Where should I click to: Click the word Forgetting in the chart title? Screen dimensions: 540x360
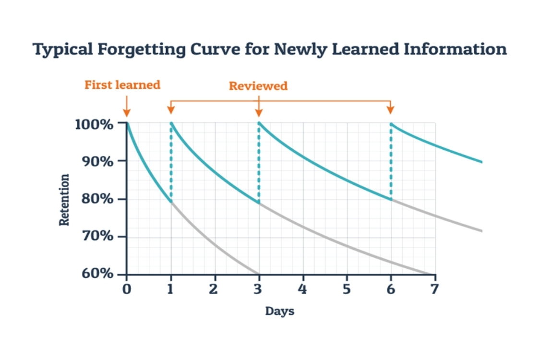141,49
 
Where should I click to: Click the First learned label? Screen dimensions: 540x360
122,84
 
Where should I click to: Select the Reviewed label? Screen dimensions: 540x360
258,85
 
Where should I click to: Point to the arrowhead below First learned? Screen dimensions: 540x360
127,113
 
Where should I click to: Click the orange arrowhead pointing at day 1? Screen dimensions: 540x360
171,110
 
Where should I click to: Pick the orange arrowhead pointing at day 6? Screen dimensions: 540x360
391,110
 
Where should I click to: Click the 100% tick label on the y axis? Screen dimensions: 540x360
94,124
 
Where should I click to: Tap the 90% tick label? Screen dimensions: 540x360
97,161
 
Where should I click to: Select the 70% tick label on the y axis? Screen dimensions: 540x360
97,236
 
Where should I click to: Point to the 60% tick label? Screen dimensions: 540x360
97,273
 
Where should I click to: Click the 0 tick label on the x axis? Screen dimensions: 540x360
127,289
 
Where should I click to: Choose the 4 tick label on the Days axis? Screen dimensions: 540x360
302,289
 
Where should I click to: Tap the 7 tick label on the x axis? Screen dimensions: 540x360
434,289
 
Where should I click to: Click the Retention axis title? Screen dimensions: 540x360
64,200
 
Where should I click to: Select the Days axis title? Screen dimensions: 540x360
280,311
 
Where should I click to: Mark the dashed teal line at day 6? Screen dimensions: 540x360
391,161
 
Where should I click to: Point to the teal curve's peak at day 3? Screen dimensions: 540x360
259,123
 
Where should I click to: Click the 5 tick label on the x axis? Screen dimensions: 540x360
347,289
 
